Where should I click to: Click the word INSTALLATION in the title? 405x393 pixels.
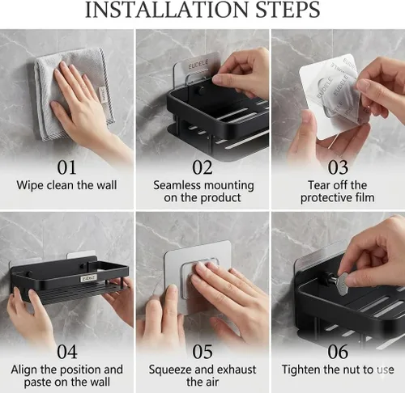pyautogui.click(x=166, y=10)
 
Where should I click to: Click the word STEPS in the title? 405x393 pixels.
pyautogui.click(x=288, y=10)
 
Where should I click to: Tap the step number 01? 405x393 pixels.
pyautogui.click(x=66, y=167)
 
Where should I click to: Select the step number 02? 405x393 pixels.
pyautogui.click(x=202, y=167)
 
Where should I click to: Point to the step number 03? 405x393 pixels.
pyautogui.click(x=338, y=167)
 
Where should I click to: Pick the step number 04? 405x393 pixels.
pyautogui.click(x=67, y=352)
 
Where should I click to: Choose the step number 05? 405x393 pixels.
pyautogui.click(x=202, y=352)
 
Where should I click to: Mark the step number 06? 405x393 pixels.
pyautogui.click(x=338, y=352)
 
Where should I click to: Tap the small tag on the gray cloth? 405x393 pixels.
pyautogui.click(x=104, y=95)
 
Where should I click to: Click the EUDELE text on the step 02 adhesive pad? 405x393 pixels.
pyautogui.click(x=198, y=65)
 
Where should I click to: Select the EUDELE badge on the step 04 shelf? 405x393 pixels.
pyautogui.click(x=88, y=278)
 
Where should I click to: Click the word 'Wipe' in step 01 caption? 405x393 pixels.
pyautogui.click(x=30, y=185)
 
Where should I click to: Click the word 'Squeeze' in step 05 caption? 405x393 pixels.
pyautogui.click(x=170, y=370)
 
